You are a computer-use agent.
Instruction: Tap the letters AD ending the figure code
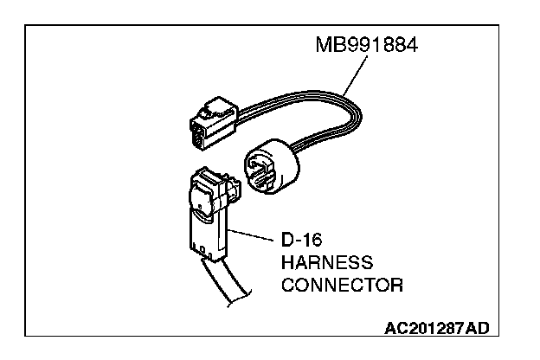[477, 328]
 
